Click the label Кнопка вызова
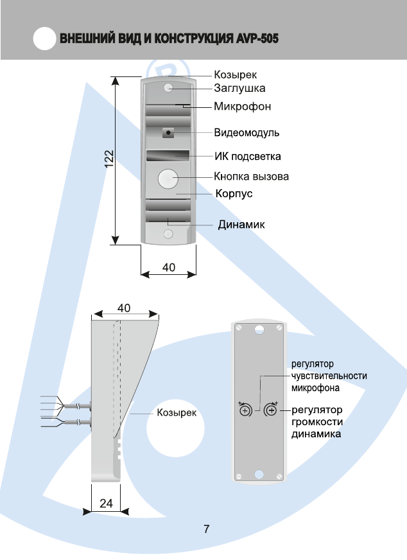click(x=251, y=177)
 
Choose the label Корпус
click(x=233, y=193)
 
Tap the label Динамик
click(x=241, y=225)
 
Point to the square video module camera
click(x=168, y=133)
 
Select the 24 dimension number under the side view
click(x=107, y=504)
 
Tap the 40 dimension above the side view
click(x=126, y=308)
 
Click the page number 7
click(x=206, y=530)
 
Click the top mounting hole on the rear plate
click(x=259, y=329)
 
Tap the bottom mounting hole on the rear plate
click(x=259, y=475)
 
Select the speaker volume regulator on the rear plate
click(x=272, y=410)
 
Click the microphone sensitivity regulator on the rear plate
click(x=245, y=410)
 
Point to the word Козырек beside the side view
click(x=177, y=412)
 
